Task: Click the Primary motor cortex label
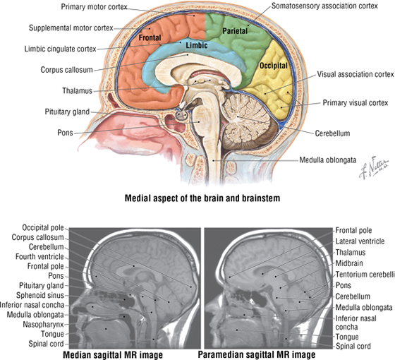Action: [95, 7]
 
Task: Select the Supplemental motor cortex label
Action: [71, 28]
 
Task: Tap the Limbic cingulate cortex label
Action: [61, 49]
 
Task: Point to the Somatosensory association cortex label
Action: [324, 6]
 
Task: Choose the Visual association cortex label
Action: [355, 74]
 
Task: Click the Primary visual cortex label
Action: [355, 103]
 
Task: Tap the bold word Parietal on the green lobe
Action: [235, 31]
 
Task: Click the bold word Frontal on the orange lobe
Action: [150, 38]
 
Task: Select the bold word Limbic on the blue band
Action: [197, 45]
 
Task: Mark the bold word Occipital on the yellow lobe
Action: [274, 66]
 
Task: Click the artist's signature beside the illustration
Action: [374, 168]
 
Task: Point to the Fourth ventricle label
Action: [39, 257]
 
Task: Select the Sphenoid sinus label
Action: [40, 295]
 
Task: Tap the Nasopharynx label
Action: [43, 325]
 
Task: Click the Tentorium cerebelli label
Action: [365, 275]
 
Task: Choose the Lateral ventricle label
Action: [360, 241]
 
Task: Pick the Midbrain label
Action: [349, 263]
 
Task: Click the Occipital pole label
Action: [43, 227]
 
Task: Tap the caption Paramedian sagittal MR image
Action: [257, 354]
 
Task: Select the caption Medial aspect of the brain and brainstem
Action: [202, 198]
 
